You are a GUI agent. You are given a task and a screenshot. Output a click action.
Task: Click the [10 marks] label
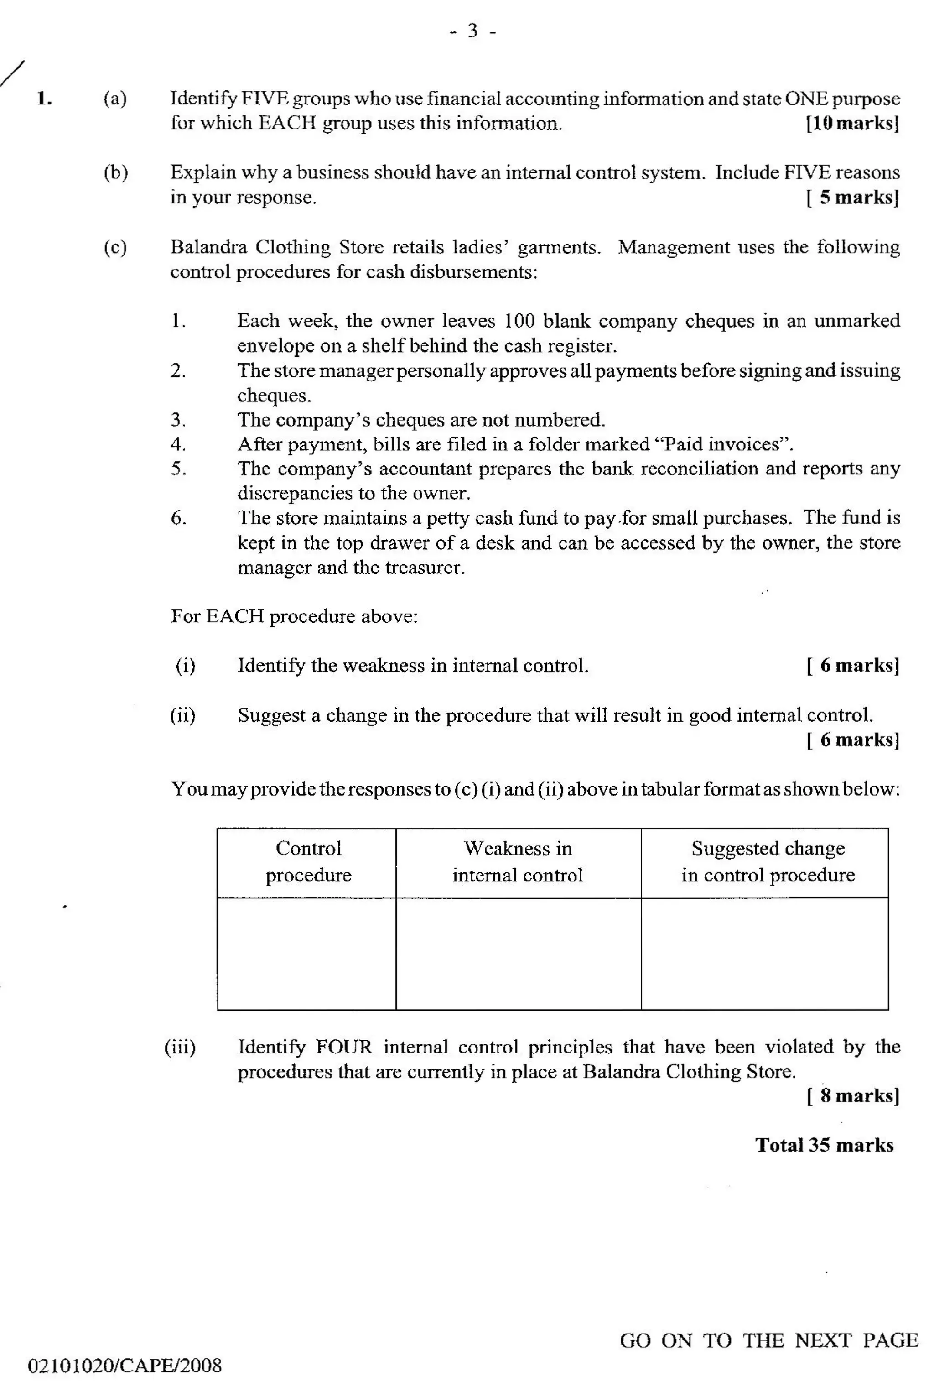[852, 123]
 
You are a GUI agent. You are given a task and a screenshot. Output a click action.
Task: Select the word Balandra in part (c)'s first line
[208, 247]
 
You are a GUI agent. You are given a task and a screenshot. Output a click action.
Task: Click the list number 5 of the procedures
[178, 469]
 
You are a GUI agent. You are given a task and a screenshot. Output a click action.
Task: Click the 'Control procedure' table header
[308, 861]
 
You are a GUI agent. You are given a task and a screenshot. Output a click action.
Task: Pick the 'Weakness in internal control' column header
[518, 861]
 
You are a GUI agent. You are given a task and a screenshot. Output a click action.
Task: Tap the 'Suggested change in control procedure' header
[767, 861]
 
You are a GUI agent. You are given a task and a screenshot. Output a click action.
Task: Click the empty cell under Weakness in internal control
[518, 953]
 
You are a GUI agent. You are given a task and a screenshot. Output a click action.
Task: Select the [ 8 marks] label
[852, 1095]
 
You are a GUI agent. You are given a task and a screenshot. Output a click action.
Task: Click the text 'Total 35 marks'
[825, 1145]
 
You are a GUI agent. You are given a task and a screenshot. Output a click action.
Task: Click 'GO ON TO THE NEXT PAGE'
[768, 1340]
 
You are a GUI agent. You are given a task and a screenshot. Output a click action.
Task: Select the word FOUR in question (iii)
[344, 1047]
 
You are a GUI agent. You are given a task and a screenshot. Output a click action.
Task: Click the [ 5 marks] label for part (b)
[852, 197]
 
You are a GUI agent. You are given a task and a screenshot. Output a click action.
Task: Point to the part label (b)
[115, 173]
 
